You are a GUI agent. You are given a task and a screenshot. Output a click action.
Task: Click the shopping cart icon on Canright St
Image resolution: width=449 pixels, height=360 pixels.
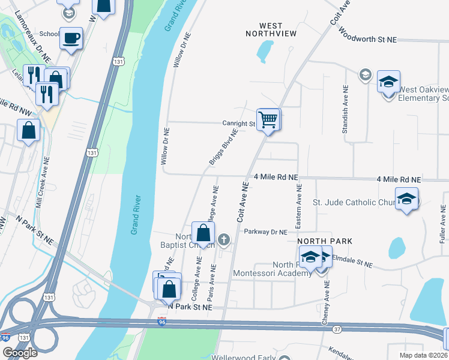click(x=268, y=119)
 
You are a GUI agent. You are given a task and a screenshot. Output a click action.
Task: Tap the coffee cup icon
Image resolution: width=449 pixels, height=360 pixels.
click(x=71, y=38)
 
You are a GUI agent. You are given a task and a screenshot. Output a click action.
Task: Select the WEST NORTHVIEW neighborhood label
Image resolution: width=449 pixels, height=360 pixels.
click(x=270, y=29)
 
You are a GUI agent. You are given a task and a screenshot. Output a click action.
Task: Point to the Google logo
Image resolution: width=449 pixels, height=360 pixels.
click(x=20, y=352)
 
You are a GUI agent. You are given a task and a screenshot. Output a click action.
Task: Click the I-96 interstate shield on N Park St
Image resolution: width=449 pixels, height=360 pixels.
click(x=161, y=322)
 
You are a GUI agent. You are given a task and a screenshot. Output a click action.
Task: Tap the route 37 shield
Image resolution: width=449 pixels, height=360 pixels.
click(x=337, y=329)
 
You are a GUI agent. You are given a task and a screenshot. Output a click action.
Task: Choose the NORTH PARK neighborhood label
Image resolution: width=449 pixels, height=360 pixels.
click(x=324, y=241)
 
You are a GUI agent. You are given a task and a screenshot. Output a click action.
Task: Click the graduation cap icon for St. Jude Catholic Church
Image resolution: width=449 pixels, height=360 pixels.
click(x=406, y=199)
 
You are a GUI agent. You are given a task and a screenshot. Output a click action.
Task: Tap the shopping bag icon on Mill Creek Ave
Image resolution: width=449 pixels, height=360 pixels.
click(x=29, y=130)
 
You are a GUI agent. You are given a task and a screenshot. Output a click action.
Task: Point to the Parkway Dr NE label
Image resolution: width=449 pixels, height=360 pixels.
click(x=262, y=232)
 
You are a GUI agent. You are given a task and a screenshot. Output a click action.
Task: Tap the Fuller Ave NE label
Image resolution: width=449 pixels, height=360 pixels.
click(x=442, y=223)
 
